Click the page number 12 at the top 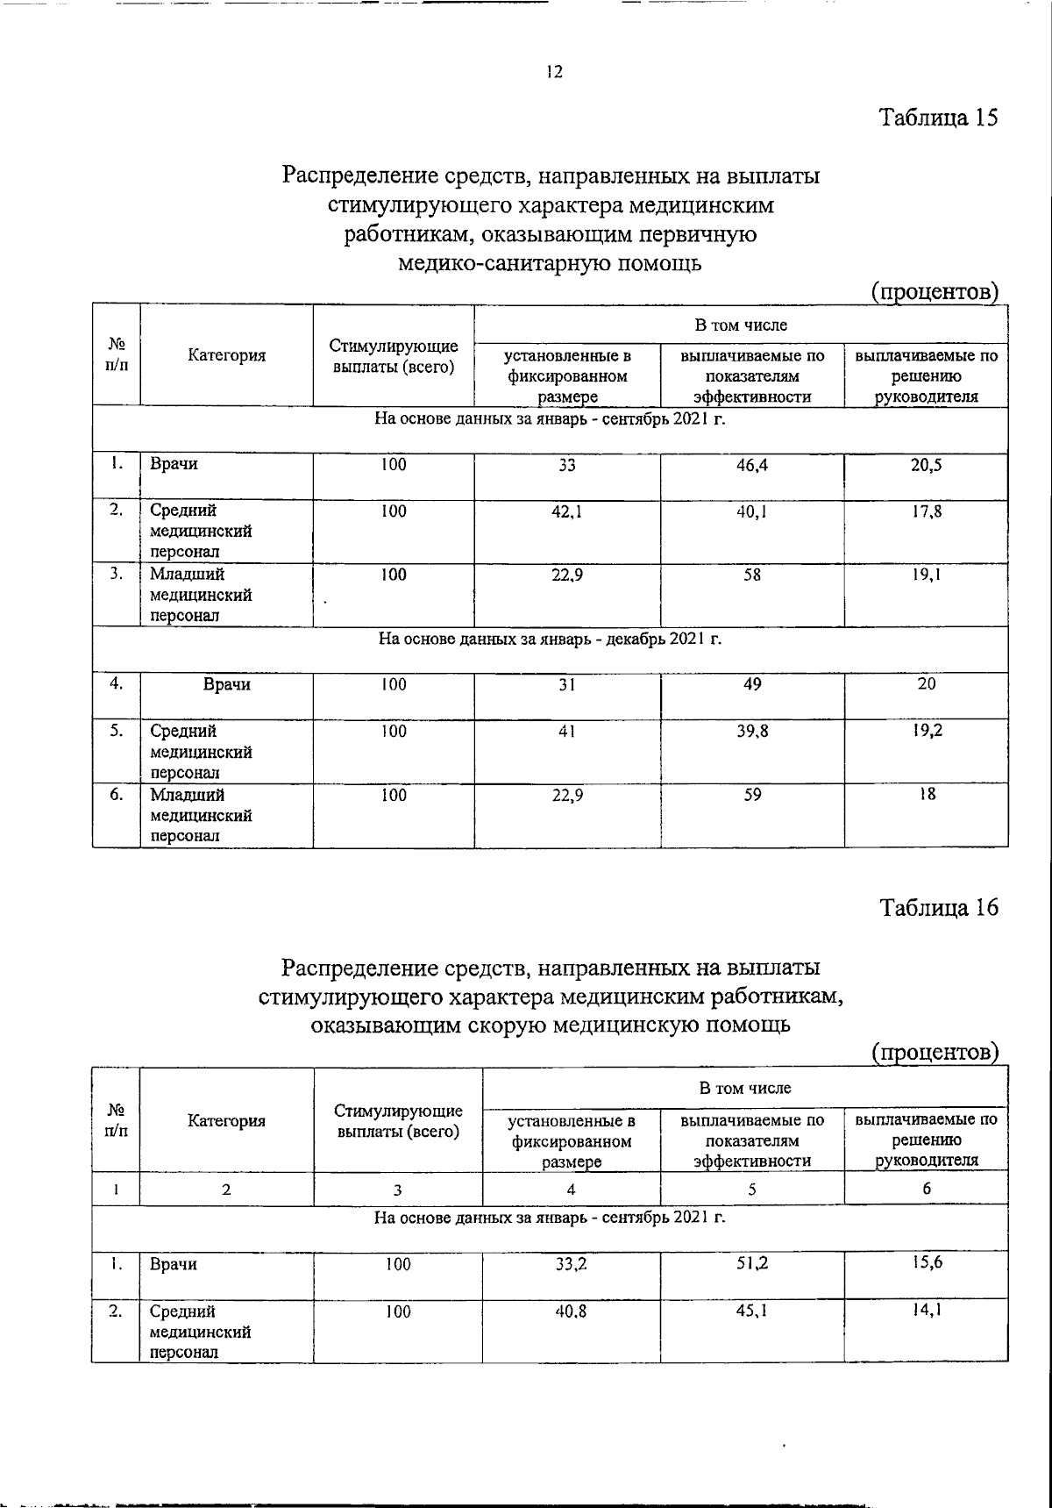[x=553, y=72]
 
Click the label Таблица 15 [x=939, y=118]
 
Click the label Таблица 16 [x=939, y=907]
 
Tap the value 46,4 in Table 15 [x=752, y=465]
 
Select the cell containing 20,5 [x=926, y=465]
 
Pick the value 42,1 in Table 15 [x=567, y=511]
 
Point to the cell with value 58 [x=752, y=575]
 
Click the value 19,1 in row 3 [x=926, y=575]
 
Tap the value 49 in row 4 [x=752, y=684]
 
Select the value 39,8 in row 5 [x=752, y=731]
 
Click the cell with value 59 [x=752, y=795]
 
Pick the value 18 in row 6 [x=927, y=795]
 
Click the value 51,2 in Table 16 [x=752, y=1264]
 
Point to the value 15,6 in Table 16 [x=926, y=1264]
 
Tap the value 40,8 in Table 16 [x=571, y=1311]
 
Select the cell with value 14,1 [x=926, y=1311]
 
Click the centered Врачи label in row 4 [x=226, y=685]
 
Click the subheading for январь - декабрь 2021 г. [x=550, y=640]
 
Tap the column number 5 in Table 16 [x=752, y=1190]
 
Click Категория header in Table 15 [x=226, y=355]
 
